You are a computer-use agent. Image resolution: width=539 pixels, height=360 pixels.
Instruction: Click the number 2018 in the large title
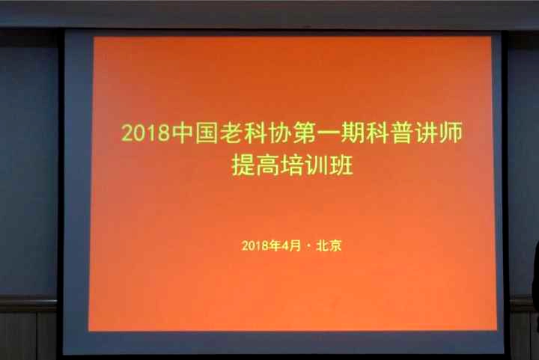click(x=146, y=132)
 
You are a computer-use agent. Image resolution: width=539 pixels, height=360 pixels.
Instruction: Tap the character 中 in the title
click(x=183, y=132)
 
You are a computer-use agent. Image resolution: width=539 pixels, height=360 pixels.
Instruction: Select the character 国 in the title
click(x=207, y=132)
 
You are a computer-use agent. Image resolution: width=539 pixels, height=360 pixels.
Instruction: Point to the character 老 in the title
click(x=231, y=132)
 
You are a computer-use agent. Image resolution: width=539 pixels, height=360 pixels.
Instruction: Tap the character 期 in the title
click(x=353, y=132)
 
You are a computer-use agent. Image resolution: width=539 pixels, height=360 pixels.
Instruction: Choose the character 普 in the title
click(x=401, y=132)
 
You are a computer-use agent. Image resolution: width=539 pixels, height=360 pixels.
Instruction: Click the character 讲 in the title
click(x=425, y=132)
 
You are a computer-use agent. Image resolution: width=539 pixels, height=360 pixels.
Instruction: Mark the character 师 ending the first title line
click(x=451, y=132)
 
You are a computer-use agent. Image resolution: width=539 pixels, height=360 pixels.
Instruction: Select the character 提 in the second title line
click(x=243, y=165)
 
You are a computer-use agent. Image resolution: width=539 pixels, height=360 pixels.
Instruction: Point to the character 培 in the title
click(x=292, y=165)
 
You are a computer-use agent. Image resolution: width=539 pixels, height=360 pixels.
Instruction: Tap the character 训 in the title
click(x=317, y=165)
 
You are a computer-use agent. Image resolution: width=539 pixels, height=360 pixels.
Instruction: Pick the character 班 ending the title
click(x=341, y=165)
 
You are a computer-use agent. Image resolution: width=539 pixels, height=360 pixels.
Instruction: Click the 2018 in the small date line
click(x=256, y=245)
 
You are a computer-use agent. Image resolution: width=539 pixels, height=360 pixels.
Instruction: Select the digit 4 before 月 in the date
click(x=285, y=245)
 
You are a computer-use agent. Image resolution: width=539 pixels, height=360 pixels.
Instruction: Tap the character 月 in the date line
click(x=295, y=245)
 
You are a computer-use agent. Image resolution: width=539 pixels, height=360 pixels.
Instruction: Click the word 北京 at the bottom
click(x=329, y=245)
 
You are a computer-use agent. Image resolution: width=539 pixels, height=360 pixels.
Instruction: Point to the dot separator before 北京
click(x=308, y=246)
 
